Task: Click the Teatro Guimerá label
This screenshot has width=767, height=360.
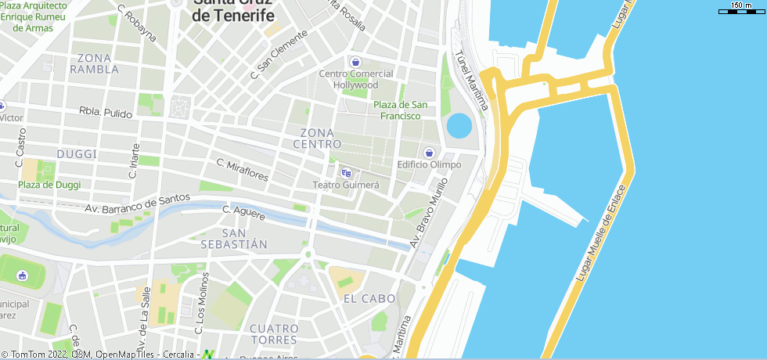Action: [x=346, y=185]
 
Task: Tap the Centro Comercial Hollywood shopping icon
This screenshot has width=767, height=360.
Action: [x=355, y=62]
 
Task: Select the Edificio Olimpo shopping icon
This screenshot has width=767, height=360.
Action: [x=428, y=153]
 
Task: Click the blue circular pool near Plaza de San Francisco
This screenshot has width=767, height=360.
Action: [x=459, y=125]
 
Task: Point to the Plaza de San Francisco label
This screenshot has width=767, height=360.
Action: [x=400, y=110]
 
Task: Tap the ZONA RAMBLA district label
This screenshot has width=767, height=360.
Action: [x=94, y=63]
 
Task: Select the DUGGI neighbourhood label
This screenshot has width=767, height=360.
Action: [x=77, y=154]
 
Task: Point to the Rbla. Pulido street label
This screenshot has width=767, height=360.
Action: [x=106, y=113]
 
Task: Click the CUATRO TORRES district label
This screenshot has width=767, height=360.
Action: [x=273, y=334]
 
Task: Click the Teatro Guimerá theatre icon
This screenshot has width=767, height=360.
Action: [x=346, y=173]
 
